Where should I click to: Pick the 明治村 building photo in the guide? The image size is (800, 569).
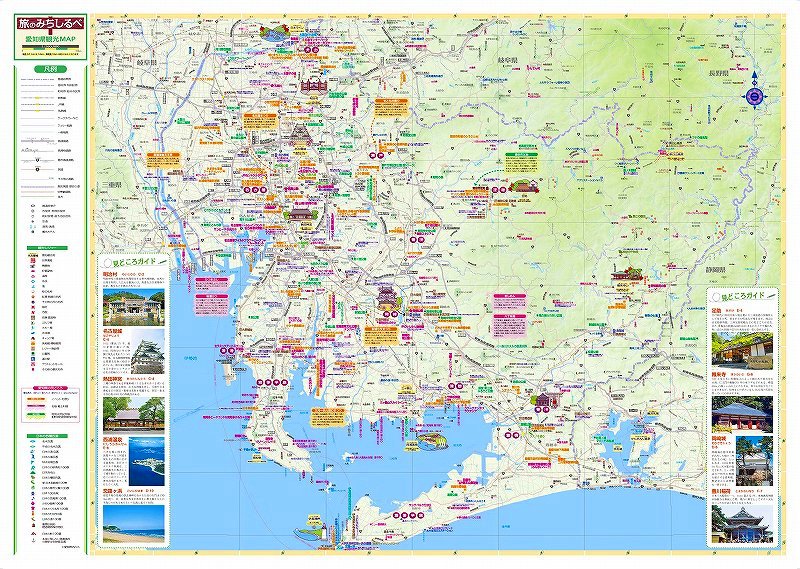[132, 306]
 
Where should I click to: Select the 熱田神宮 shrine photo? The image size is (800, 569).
[132, 413]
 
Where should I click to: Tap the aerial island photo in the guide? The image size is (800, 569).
[132, 467]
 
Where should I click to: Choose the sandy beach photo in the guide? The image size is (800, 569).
[132, 521]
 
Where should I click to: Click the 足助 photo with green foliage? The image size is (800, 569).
[741, 345]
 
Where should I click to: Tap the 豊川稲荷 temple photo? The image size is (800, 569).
[741, 522]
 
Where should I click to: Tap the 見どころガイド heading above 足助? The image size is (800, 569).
[742, 297]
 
